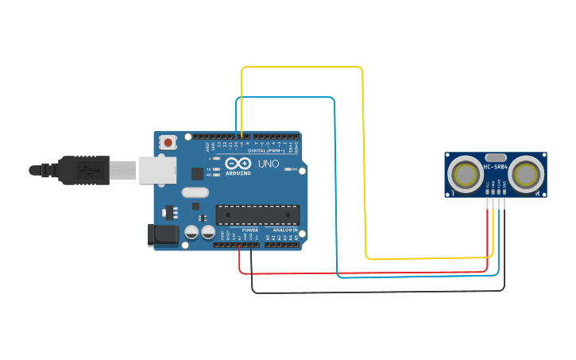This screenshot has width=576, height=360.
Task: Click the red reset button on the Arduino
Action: tap(168, 142)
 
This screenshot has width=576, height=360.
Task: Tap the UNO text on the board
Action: tap(268, 165)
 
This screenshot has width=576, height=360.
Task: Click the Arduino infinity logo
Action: tap(238, 164)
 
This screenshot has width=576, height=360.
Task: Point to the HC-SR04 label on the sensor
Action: tap(496, 167)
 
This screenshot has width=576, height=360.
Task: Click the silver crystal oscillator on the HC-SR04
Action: tap(495, 157)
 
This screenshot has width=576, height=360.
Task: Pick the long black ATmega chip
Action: tap(257, 214)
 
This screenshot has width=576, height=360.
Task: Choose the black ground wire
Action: tap(373, 292)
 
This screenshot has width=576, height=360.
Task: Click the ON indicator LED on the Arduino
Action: tap(295, 169)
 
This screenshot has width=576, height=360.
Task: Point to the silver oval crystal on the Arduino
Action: tap(194, 192)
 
